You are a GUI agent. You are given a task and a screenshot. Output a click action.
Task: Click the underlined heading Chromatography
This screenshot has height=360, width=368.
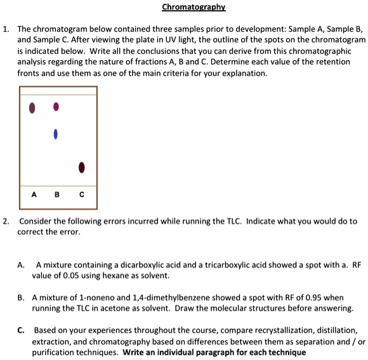click(194, 8)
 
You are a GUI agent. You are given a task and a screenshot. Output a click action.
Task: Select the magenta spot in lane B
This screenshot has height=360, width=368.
click(56, 106)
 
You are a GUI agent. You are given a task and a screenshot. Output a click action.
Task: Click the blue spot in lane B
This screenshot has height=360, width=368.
click(56, 134)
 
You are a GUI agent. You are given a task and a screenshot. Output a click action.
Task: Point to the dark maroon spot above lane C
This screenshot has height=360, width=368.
click(81, 168)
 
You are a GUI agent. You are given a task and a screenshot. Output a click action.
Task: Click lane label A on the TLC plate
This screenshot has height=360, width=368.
click(34, 194)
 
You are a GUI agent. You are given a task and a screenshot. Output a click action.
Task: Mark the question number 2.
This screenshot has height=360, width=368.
click(6, 221)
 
